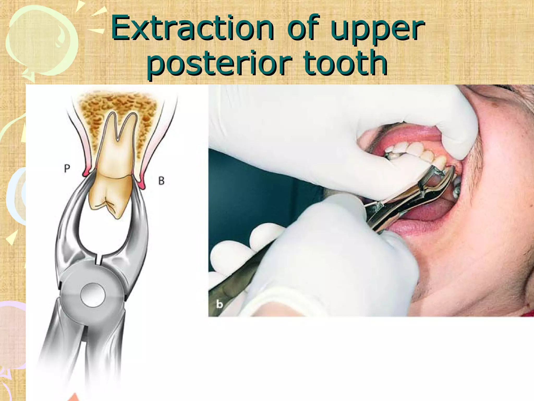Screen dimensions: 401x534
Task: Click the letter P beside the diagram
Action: [x=67, y=169]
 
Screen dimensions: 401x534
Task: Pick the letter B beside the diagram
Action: [x=161, y=181]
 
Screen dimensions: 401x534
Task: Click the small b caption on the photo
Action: [x=220, y=304]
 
